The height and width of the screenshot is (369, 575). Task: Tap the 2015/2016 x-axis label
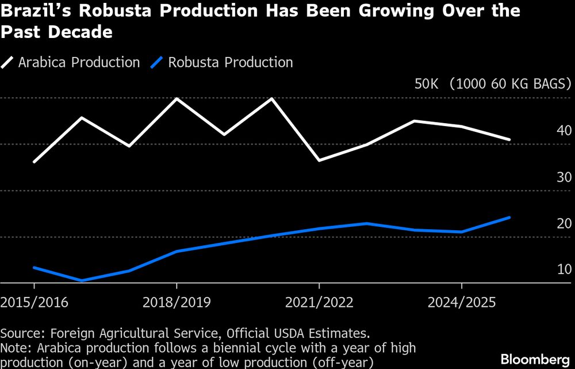pos(34,302)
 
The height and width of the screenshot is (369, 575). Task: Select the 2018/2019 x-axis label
pos(176,302)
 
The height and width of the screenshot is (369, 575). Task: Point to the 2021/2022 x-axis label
pos(319,302)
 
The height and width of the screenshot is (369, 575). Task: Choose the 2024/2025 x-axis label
pos(461,302)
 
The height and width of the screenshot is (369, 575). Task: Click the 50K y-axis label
pos(427,85)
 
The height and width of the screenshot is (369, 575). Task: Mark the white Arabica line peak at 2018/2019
pos(176,99)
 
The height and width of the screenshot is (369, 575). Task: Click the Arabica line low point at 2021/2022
pos(319,160)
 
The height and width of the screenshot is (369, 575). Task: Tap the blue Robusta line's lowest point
pos(82,281)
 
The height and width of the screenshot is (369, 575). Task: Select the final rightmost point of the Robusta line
pos(509,218)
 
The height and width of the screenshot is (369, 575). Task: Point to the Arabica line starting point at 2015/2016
pos(34,162)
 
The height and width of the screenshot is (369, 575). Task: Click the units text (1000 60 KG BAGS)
pos(509,85)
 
